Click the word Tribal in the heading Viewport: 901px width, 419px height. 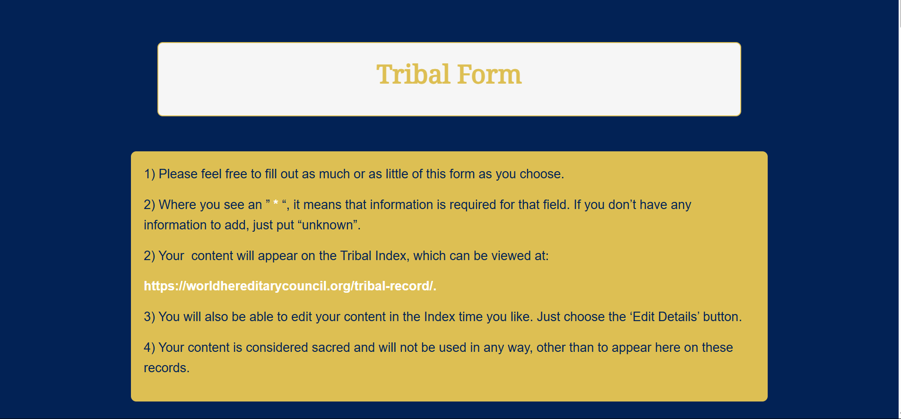pyautogui.click(x=413, y=75)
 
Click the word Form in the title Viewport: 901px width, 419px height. pyautogui.click(x=489, y=75)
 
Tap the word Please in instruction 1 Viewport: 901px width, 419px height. pyautogui.click(x=178, y=174)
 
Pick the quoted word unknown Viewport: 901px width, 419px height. pyautogui.click(x=327, y=225)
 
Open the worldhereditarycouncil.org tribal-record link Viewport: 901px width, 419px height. pyautogui.click(x=290, y=286)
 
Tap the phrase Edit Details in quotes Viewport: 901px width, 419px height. pyautogui.click(x=665, y=317)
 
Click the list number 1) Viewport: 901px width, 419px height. pyautogui.click(x=149, y=174)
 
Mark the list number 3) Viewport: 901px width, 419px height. pyautogui.click(x=149, y=317)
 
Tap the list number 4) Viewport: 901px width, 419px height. pyautogui.click(x=149, y=348)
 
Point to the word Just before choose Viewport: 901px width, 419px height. pyautogui.click(x=548, y=317)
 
